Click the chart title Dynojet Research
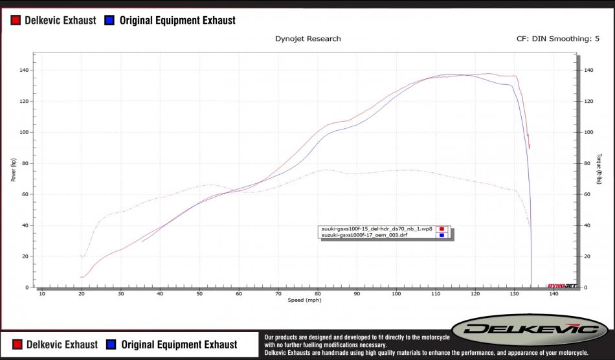pos(308,39)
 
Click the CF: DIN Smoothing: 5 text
pos(562,39)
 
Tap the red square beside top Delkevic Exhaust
pos(16,21)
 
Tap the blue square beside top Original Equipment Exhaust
pos(109,21)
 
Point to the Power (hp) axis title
pos(14,170)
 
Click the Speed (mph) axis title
pos(304,300)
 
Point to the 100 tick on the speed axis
pos(396,295)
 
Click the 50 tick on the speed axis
pos(199,295)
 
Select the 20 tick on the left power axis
pos(24,256)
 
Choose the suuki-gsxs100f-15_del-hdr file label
pos(376,229)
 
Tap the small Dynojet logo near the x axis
pos(561,286)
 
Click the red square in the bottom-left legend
pos(16,344)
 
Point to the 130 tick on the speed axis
pos(514,295)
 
